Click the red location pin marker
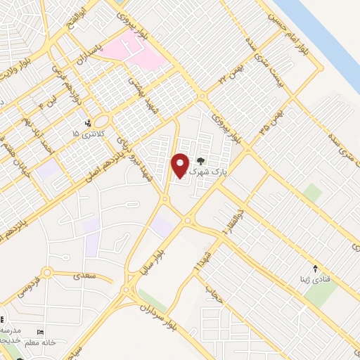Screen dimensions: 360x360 (180, 165)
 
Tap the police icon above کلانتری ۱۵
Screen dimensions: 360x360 (87, 122)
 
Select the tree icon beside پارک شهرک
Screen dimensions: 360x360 (202, 161)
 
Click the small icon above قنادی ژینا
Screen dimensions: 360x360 (315, 268)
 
